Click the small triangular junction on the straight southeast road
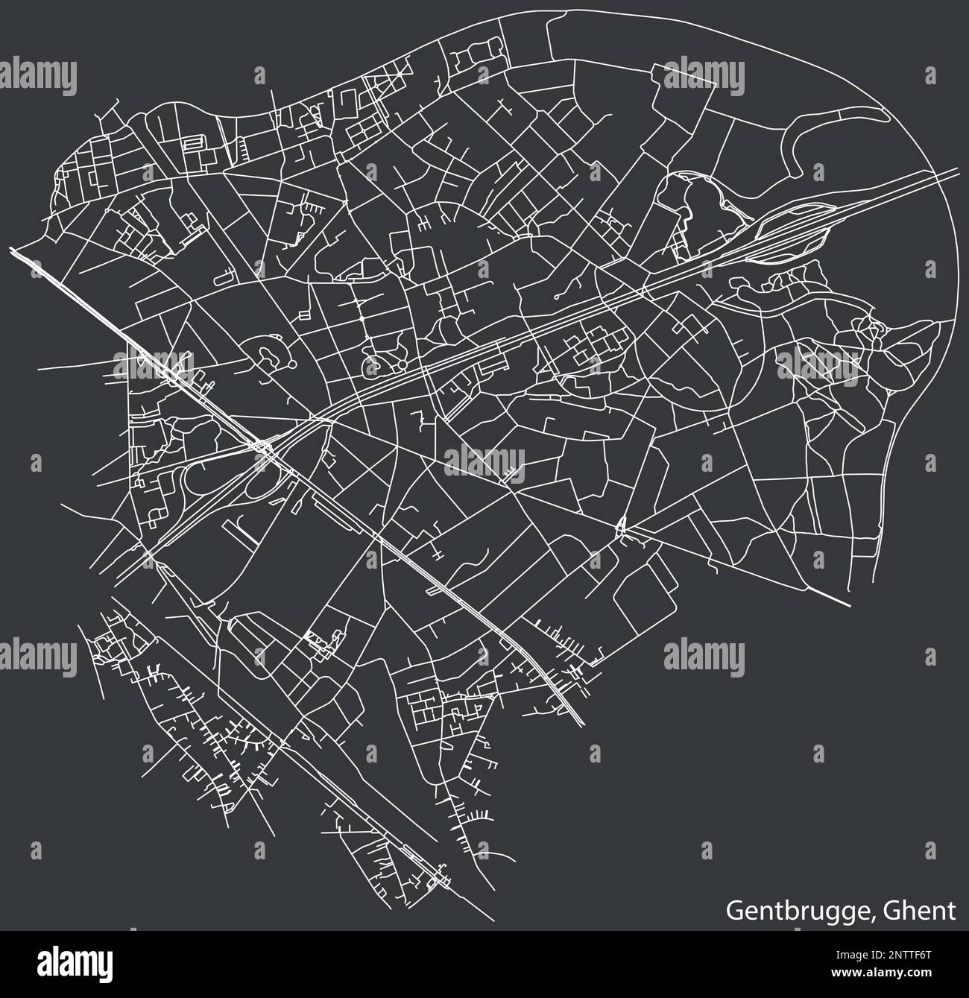tap(622, 528)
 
